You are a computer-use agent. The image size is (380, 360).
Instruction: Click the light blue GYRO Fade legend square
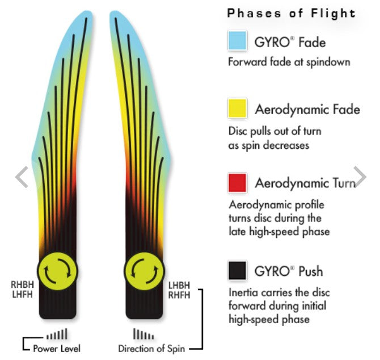click(237, 41)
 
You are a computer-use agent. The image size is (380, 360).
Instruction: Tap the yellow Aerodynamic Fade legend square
click(237, 108)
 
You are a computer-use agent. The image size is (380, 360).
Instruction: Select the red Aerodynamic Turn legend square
click(237, 183)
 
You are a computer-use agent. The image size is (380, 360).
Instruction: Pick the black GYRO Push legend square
click(237, 270)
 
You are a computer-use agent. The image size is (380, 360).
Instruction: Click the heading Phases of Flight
click(291, 13)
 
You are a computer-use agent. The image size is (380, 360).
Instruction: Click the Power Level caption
click(56, 348)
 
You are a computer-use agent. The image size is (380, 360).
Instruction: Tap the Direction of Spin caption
click(150, 348)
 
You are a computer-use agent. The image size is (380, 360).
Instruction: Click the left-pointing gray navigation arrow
click(22, 177)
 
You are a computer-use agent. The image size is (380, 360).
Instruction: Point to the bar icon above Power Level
click(58, 333)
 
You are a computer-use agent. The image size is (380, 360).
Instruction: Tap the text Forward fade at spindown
click(289, 61)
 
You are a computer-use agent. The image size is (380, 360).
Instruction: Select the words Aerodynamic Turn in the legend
click(305, 183)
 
